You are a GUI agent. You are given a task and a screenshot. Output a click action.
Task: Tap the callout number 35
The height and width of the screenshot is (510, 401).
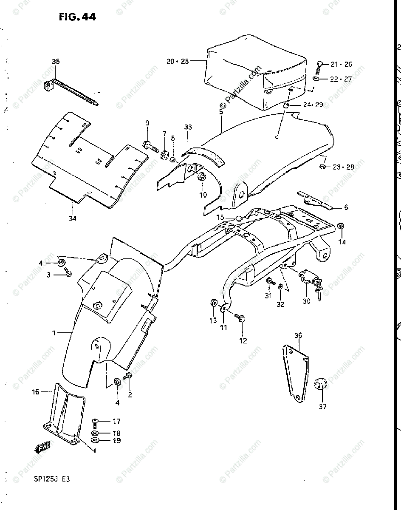[56, 62]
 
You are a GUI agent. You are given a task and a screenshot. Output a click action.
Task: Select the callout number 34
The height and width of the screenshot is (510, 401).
[73, 218]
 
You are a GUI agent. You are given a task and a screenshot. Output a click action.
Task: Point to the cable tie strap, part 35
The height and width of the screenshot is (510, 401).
[72, 91]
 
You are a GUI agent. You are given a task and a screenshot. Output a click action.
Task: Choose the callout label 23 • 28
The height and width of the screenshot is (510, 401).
[343, 167]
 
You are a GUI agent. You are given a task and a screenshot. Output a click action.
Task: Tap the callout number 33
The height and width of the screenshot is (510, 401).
[188, 127]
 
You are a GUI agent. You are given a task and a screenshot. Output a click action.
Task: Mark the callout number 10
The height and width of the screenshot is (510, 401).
[203, 195]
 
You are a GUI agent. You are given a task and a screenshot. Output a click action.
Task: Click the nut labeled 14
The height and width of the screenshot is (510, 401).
[341, 226]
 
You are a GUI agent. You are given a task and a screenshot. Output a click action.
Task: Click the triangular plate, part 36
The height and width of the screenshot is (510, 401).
[297, 370]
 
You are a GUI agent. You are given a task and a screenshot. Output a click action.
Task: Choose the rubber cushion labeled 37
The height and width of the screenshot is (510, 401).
[319, 384]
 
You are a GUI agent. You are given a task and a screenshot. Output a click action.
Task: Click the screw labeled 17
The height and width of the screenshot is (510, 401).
[96, 422]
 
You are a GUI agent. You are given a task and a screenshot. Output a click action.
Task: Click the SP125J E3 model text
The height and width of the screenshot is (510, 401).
[52, 479]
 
